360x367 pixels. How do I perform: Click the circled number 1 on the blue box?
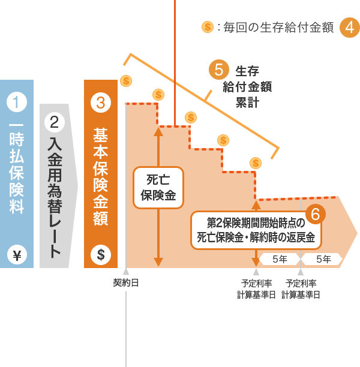pyautogui.click(x=17, y=101)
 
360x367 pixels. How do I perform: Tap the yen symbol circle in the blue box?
pyautogui.click(x=17, y=255)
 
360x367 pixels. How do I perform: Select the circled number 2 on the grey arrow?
pyautogui.click(x=55, y=123)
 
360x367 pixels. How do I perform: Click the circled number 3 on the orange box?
pyautogui.click(x=101, y=102)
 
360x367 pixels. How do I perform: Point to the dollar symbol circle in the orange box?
pyautogui.click(x=101, y=255)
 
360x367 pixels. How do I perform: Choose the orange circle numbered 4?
pyautogui.click(x=350, y=27)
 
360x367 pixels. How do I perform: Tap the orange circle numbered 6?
pyautogui.click(x=315, y=214)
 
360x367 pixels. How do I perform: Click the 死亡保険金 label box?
pyautogui.click(x=158, y=187)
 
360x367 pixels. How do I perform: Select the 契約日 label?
pyautogui.click(x=126, y=282)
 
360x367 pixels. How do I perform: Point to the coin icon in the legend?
pyautogui.click(x=208, y=27)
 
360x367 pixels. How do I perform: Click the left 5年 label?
pyautogui.click(x=280, y=259)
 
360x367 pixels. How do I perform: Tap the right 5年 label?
pyautogui.click(x=323, y=259)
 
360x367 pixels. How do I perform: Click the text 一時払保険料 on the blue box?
pyautogui.click(x=17, y=168)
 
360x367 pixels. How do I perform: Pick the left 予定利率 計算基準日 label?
pyautogui.click(x=256, y=288)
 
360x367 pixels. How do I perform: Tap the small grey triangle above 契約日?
pyautogui.click(x=126, y=271)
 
